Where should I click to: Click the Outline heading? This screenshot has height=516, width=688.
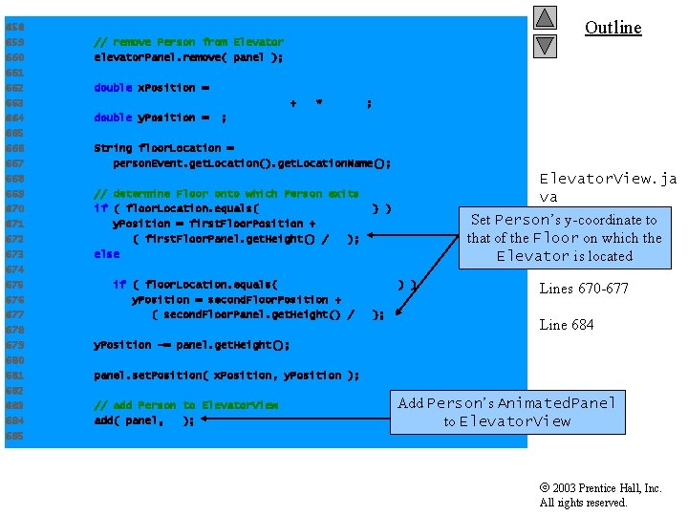[x=613, y=28]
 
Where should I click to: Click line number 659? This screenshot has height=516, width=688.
[x=14, y=42]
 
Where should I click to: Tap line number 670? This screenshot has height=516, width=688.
[x=14, y=208]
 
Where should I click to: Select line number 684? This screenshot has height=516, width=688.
[x=14, y=420]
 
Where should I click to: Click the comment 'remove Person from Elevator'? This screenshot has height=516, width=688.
[x=188, y=42]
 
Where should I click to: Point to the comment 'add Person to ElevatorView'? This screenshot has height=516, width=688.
[x=186, y=405]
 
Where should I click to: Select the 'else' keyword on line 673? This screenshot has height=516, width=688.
[x=107, y=254]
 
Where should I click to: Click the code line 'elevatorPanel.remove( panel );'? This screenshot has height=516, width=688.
[x=188, y=57]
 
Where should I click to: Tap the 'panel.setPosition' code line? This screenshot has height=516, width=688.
[x=226, y=376]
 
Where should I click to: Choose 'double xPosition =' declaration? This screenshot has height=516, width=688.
[x=152, y=88]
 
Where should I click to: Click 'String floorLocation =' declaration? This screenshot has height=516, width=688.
[x=163, y=148]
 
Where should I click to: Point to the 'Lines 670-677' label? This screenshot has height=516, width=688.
[x=584, y=289]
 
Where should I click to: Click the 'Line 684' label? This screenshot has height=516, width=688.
[x=567, y=325]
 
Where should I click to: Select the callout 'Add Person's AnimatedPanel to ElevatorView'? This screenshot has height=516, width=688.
[x=506, y=412]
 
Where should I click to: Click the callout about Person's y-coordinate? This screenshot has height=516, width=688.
[x=564, y=238]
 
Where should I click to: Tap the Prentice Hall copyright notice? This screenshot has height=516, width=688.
[x=600, y=495]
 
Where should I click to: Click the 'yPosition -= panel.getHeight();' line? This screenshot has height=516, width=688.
[x=192, y=345]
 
